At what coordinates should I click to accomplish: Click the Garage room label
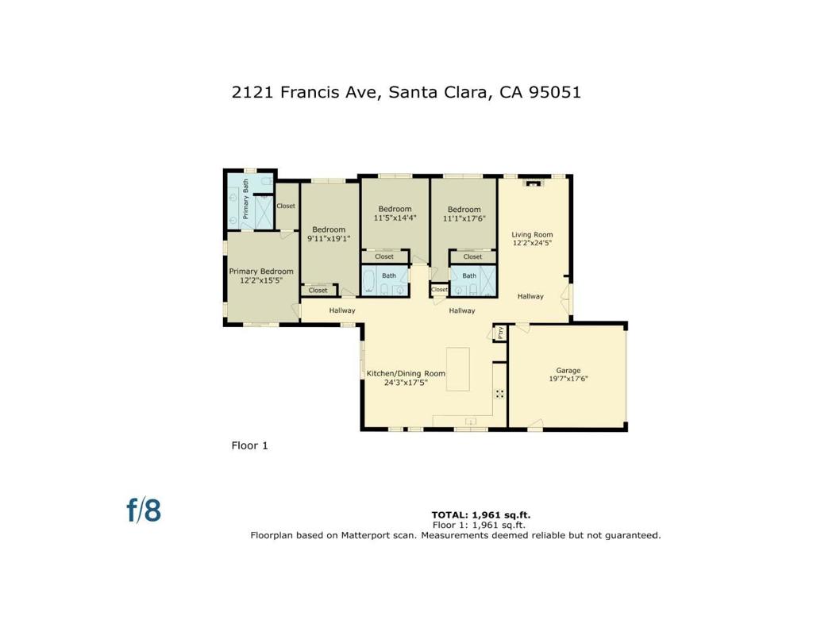pos(568,370)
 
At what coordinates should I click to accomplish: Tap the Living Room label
pos(531,234)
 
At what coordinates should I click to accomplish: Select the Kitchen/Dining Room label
pos(405,373)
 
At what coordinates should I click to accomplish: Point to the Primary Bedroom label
pos(261,272)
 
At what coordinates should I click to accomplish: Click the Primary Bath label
pos(246,198)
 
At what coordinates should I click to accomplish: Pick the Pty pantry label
pos(500,333)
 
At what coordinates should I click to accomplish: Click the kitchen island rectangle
pos(457,368)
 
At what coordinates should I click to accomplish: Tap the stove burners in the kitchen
pos(500,393)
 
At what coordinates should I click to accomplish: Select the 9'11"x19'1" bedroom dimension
pos(328,237)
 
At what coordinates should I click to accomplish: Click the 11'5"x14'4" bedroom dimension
pos(395,218)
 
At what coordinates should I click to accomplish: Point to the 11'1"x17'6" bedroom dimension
pos(464,218)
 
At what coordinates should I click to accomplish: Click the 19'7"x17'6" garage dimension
pos(568,379)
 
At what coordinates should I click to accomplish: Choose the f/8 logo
pos(144,510)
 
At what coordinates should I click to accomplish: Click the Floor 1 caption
pos(249,445)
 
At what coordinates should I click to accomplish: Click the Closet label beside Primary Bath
pos(286,206)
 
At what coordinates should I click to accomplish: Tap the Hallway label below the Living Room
pos(530,296)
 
